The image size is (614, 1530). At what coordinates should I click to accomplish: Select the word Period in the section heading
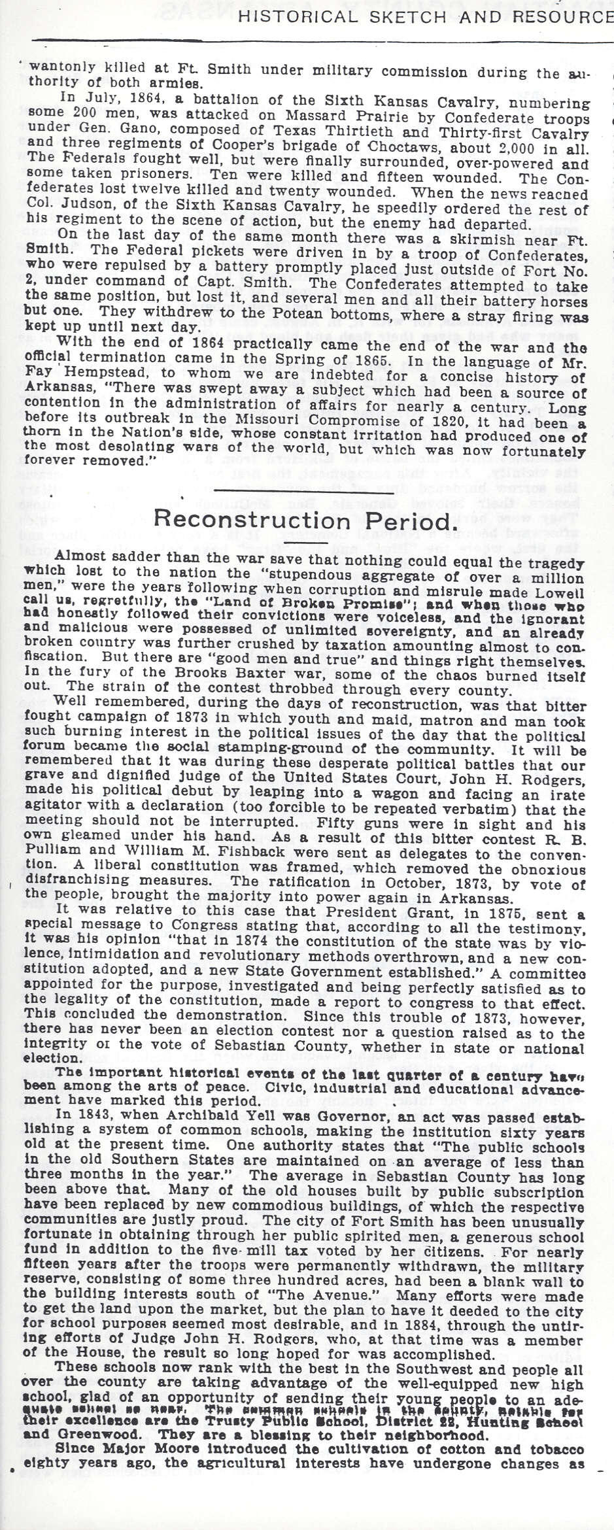[404, 520]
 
